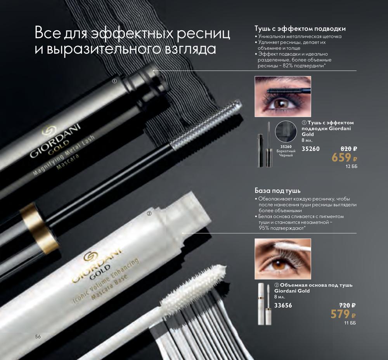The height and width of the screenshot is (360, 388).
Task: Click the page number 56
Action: tap(38, 336)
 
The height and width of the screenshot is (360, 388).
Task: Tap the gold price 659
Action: tap(341, 157)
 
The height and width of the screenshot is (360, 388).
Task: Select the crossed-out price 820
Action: tap(346, 149)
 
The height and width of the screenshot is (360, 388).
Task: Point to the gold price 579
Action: tap(340, 314)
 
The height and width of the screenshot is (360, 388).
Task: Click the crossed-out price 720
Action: tap(345, 305)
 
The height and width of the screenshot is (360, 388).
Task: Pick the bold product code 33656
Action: tap(283, 305)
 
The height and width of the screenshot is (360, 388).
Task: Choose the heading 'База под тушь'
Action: tap(277, 190)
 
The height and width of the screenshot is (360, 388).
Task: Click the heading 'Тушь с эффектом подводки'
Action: tap(300, 29)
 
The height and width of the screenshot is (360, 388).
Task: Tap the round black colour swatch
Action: tap(286, 132)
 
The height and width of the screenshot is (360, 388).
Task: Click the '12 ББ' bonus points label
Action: tap(352, 166)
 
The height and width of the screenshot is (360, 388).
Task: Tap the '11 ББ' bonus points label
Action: tap(350, 323)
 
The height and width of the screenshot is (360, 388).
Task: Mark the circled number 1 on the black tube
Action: tap(114, 81)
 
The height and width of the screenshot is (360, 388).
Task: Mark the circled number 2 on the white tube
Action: tap(149, 214)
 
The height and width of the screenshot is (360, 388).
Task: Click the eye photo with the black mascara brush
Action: tap(283, 97)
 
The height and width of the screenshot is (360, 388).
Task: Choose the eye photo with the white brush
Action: tap(283, 259)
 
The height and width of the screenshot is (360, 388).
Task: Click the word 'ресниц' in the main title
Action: tap(204, 33)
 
